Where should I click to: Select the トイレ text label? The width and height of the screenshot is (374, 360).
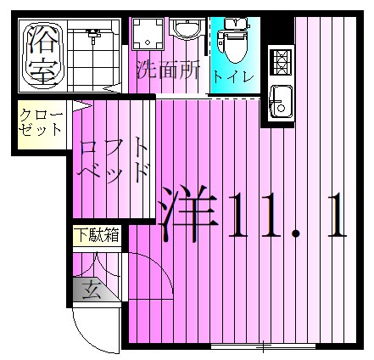[x=233, y=76]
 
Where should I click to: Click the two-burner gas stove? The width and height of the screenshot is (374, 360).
[x=281, y=59]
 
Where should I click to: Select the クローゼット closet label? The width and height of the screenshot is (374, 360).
[x=40, y=122]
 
